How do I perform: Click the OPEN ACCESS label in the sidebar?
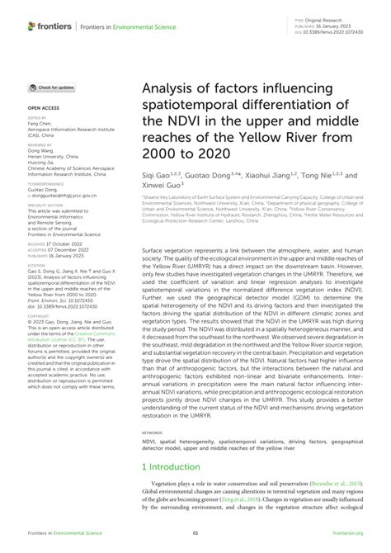(x=42, y=108)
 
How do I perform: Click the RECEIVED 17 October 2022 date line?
(x=57, y=246)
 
